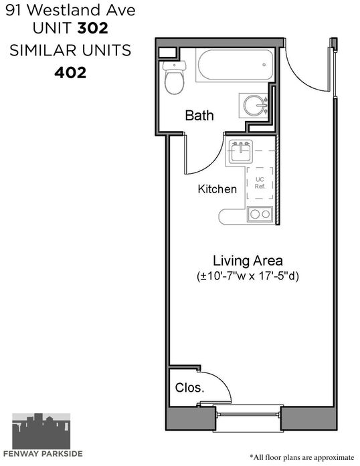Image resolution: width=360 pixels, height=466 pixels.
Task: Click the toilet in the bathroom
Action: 175,78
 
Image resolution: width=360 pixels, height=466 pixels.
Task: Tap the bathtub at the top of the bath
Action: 235,65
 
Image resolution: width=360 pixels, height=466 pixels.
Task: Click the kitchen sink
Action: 240,152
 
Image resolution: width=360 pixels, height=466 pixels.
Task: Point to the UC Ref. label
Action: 260,183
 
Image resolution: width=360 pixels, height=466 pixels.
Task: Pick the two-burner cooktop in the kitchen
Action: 260,214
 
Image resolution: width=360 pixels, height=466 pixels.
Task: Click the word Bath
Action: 199,115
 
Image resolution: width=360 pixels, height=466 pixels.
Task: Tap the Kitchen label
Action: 217,189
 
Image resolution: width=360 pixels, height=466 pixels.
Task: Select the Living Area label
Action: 248,261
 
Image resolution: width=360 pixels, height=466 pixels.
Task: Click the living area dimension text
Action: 248,276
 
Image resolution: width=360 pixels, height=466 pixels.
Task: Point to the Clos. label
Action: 189,388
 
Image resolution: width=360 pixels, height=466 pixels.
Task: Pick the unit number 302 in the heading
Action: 92,28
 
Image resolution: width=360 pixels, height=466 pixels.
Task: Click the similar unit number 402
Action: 70,72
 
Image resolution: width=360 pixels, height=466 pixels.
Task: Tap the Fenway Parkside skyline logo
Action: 41,431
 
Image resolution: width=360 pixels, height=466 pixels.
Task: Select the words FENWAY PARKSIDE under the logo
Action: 43,454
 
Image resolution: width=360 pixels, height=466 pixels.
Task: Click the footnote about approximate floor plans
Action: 302,457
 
